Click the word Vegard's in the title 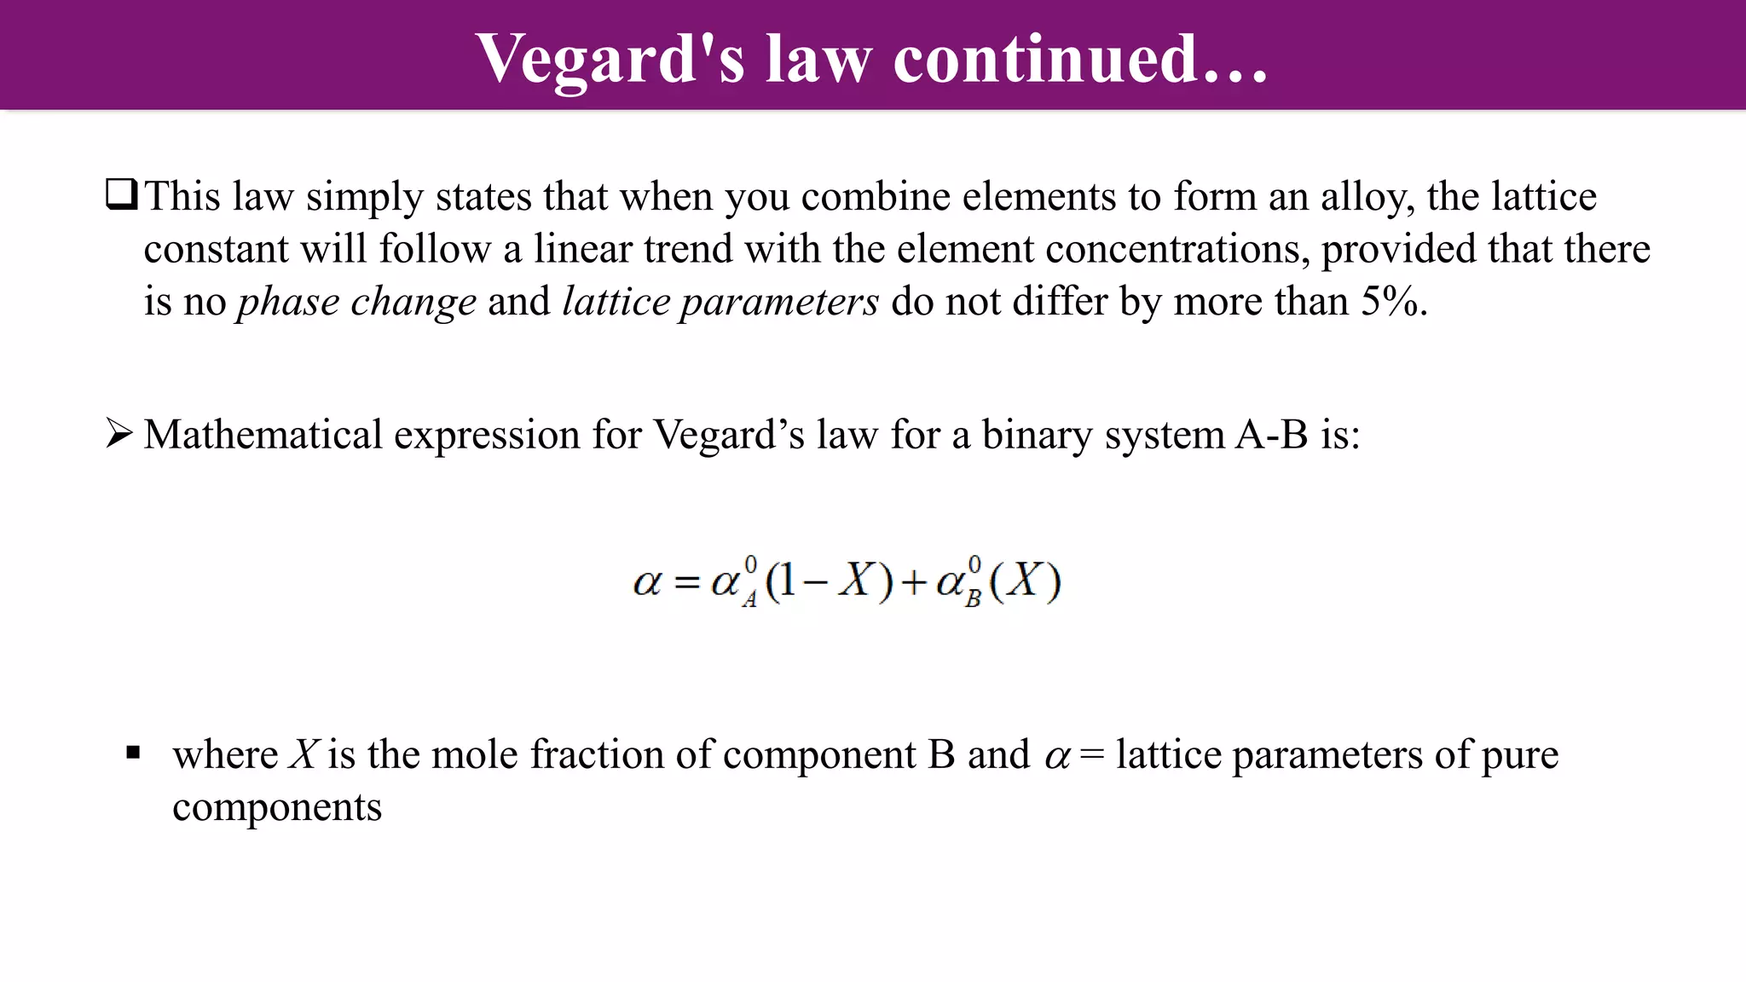(x=610, y=60)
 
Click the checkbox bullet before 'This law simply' (x=121, y=195)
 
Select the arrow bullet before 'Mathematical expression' (x=119, y=434)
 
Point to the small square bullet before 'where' (x=133, y=753)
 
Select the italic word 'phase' (x=288, y=303)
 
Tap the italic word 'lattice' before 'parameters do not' (x=616, y=301)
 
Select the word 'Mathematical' (x=263, y=435)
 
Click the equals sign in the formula (x=686, y=583)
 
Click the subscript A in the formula (x=749, y=600)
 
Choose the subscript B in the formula (x=973, y=599)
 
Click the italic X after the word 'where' (x=304, y=754)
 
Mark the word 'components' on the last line (x=277, y=807)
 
